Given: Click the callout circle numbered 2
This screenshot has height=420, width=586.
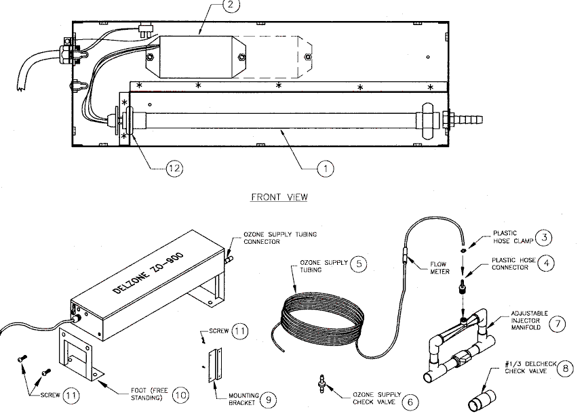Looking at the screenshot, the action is coord(230,5).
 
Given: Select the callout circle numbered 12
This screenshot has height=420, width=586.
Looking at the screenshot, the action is coord(174,169).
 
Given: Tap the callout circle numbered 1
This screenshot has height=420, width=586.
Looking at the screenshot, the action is coord(326,169).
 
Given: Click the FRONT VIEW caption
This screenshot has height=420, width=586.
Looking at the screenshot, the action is coord(279,196).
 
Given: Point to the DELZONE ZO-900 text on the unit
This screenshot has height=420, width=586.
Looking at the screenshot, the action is coord(149,273).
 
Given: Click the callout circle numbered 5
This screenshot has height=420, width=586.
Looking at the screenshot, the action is coord(359,264).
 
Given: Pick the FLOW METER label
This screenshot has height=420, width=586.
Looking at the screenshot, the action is coord(439,268).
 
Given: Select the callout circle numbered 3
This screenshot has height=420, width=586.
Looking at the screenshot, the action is coord(544,237).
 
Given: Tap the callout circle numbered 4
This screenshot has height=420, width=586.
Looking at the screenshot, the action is coord(547,264).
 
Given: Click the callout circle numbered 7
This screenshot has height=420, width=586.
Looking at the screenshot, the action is coord(558,323).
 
